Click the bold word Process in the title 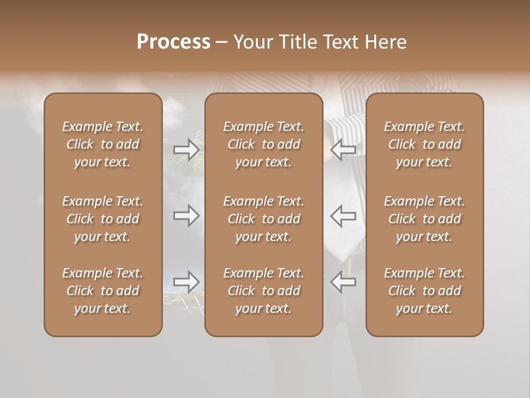point(173,42)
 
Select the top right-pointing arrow point(186,149)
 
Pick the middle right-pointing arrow point(186,216)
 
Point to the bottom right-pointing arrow point(186,282)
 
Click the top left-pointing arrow point(343,149)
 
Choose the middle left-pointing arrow point(343,216)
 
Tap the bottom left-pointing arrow point(343,282)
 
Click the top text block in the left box point(103,144)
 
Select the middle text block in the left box point(103,219)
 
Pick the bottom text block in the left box point(103,291)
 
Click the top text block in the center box point(264,144)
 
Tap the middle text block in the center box point(264,219)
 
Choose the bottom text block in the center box point(264,291)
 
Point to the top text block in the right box point(425,144)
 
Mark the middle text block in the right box point(425,219)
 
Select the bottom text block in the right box point(425,291)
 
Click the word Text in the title point(338,42)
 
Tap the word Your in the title point(251,42)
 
